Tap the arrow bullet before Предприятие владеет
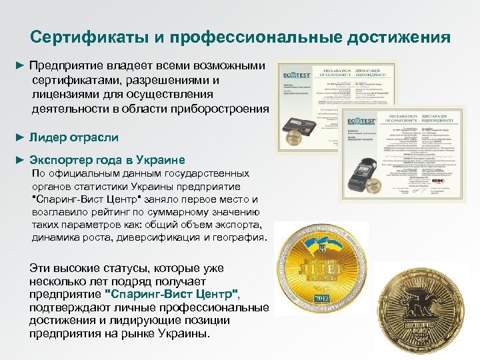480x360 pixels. click(20, 67)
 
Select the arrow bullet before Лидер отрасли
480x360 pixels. click(20, 137)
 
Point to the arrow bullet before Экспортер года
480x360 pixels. click(20, 161)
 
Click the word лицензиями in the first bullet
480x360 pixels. click(61, 95)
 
